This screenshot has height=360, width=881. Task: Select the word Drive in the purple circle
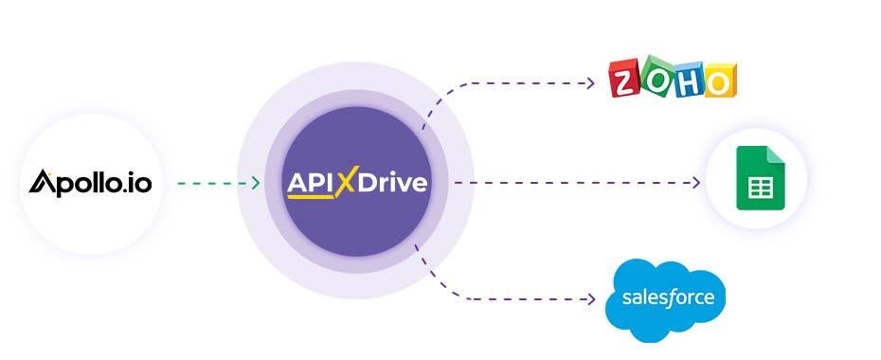[392, 182]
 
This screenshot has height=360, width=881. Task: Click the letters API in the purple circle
[310, 182]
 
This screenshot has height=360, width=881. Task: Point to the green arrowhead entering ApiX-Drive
[255, 183]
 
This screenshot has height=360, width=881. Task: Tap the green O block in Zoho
[656, 76]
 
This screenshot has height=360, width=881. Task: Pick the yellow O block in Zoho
[719, 81]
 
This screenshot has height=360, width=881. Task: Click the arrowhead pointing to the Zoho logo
[590, 83]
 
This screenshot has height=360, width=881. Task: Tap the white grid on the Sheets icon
[761, 188]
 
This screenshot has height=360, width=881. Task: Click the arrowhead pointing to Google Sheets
[696, 182]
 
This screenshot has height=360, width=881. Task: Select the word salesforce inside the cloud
[669, 298]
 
